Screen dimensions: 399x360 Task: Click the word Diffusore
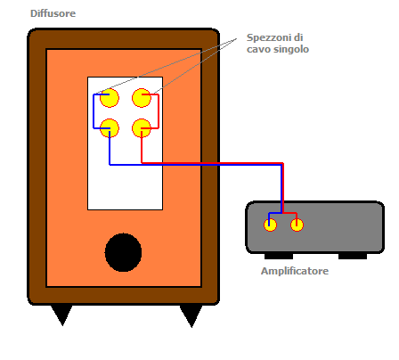[x=53, y=13]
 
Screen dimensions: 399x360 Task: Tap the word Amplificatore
[x=295, y=271]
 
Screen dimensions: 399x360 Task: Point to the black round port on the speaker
[x=123, y=252]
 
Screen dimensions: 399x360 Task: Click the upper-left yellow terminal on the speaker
[x=110, y=98]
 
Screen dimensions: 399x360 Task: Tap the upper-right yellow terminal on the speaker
[x=142, y=98]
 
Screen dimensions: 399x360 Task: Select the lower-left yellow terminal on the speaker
[x=110, y=128]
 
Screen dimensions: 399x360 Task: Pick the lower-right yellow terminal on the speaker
[x=142, y=128]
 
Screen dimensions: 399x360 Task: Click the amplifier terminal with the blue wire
[x=270, y=225]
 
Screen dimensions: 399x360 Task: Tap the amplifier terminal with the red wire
[x=297, y=225]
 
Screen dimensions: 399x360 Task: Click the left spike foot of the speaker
[x=61, y=314]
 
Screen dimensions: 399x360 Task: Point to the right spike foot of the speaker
[x=191, y=315]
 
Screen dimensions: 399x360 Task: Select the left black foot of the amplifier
[x=279, y=256]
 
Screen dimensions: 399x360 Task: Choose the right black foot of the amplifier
[x=353, y=256]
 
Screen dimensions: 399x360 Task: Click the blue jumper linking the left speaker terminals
[x=94, y=111]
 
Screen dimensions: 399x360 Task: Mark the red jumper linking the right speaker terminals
[x=159, y=111]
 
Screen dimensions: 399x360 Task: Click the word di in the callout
[x=298, y=37]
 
